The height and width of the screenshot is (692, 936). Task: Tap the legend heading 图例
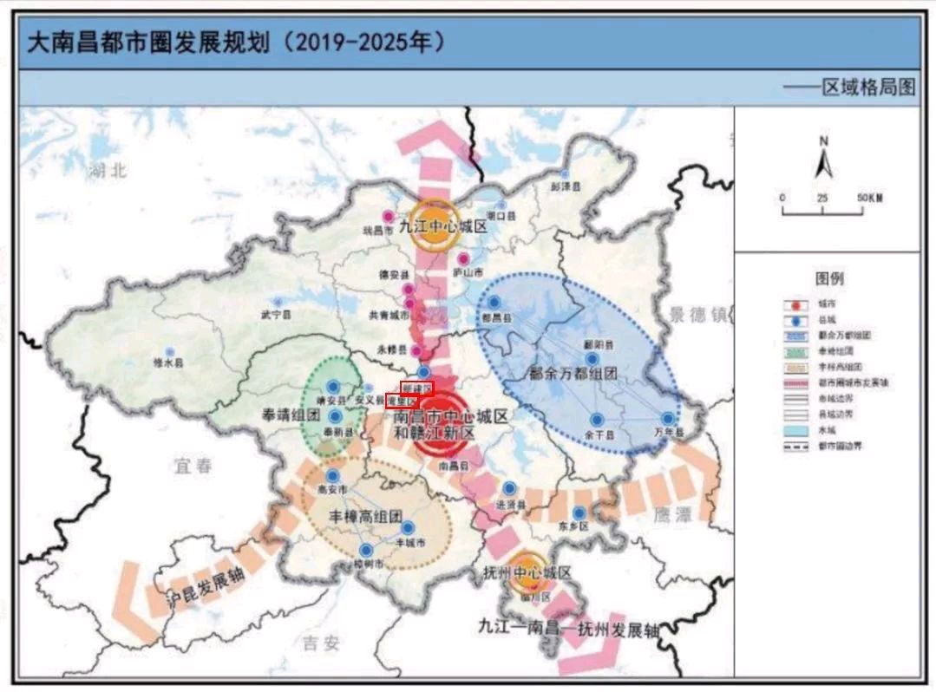[x=828, y=278]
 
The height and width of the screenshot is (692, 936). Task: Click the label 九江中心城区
[x=442, y=227]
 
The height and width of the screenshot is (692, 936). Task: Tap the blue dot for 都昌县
[x=494, y=302]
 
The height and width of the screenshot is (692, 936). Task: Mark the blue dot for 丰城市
[x=408, y=527]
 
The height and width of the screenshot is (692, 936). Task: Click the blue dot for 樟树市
[x=366, y=550]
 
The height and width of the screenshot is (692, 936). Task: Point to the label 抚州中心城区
[x=527, y=573]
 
